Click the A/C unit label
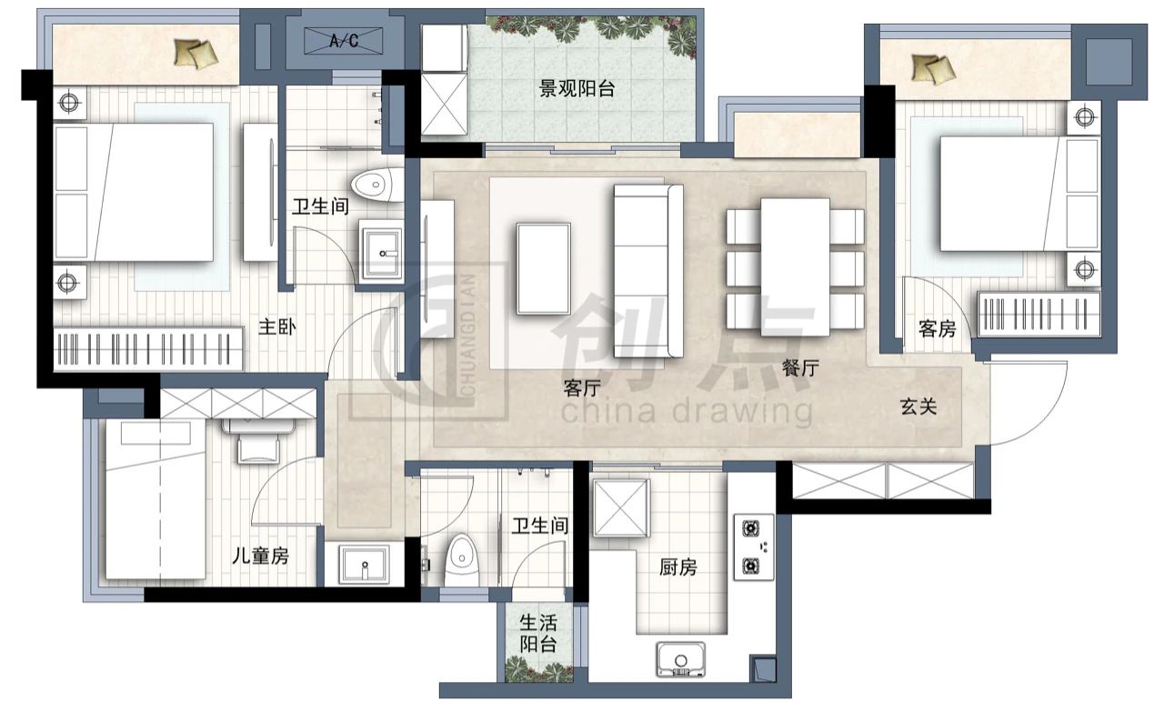[344, 40]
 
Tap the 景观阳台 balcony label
[577, 88]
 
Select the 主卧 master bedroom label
[277, 326]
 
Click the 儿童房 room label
[260, 557]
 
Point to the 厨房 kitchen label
[678, 567]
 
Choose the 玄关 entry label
[918, 406]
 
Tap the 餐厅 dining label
[801, 368]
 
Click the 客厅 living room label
[582, 387]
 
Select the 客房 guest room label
[938, 328]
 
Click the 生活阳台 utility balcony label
[538, 634]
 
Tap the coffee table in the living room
[544, 268]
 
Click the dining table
[795, 267]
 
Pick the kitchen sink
[681, 659]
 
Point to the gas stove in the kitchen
[754, 547]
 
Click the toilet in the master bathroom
[377, 185]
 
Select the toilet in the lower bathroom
[461, 561]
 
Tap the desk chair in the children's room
[258, 448]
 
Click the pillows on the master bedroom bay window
[196, 54]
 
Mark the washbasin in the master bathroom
[382, 252]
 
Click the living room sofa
[648, 271]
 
